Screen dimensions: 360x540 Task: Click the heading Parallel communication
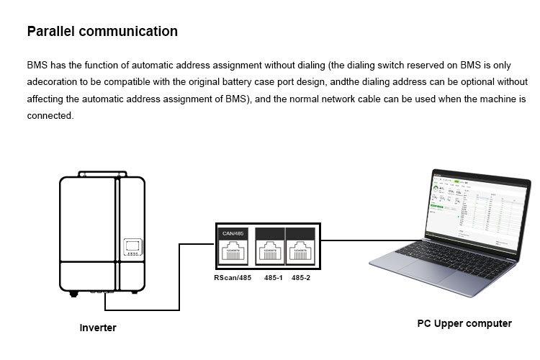102,32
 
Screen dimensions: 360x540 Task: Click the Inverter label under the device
97,328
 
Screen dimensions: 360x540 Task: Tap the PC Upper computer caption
464,323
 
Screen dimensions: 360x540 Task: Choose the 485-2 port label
301,277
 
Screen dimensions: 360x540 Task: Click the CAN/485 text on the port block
234,233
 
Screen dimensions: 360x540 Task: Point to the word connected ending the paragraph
50,115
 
